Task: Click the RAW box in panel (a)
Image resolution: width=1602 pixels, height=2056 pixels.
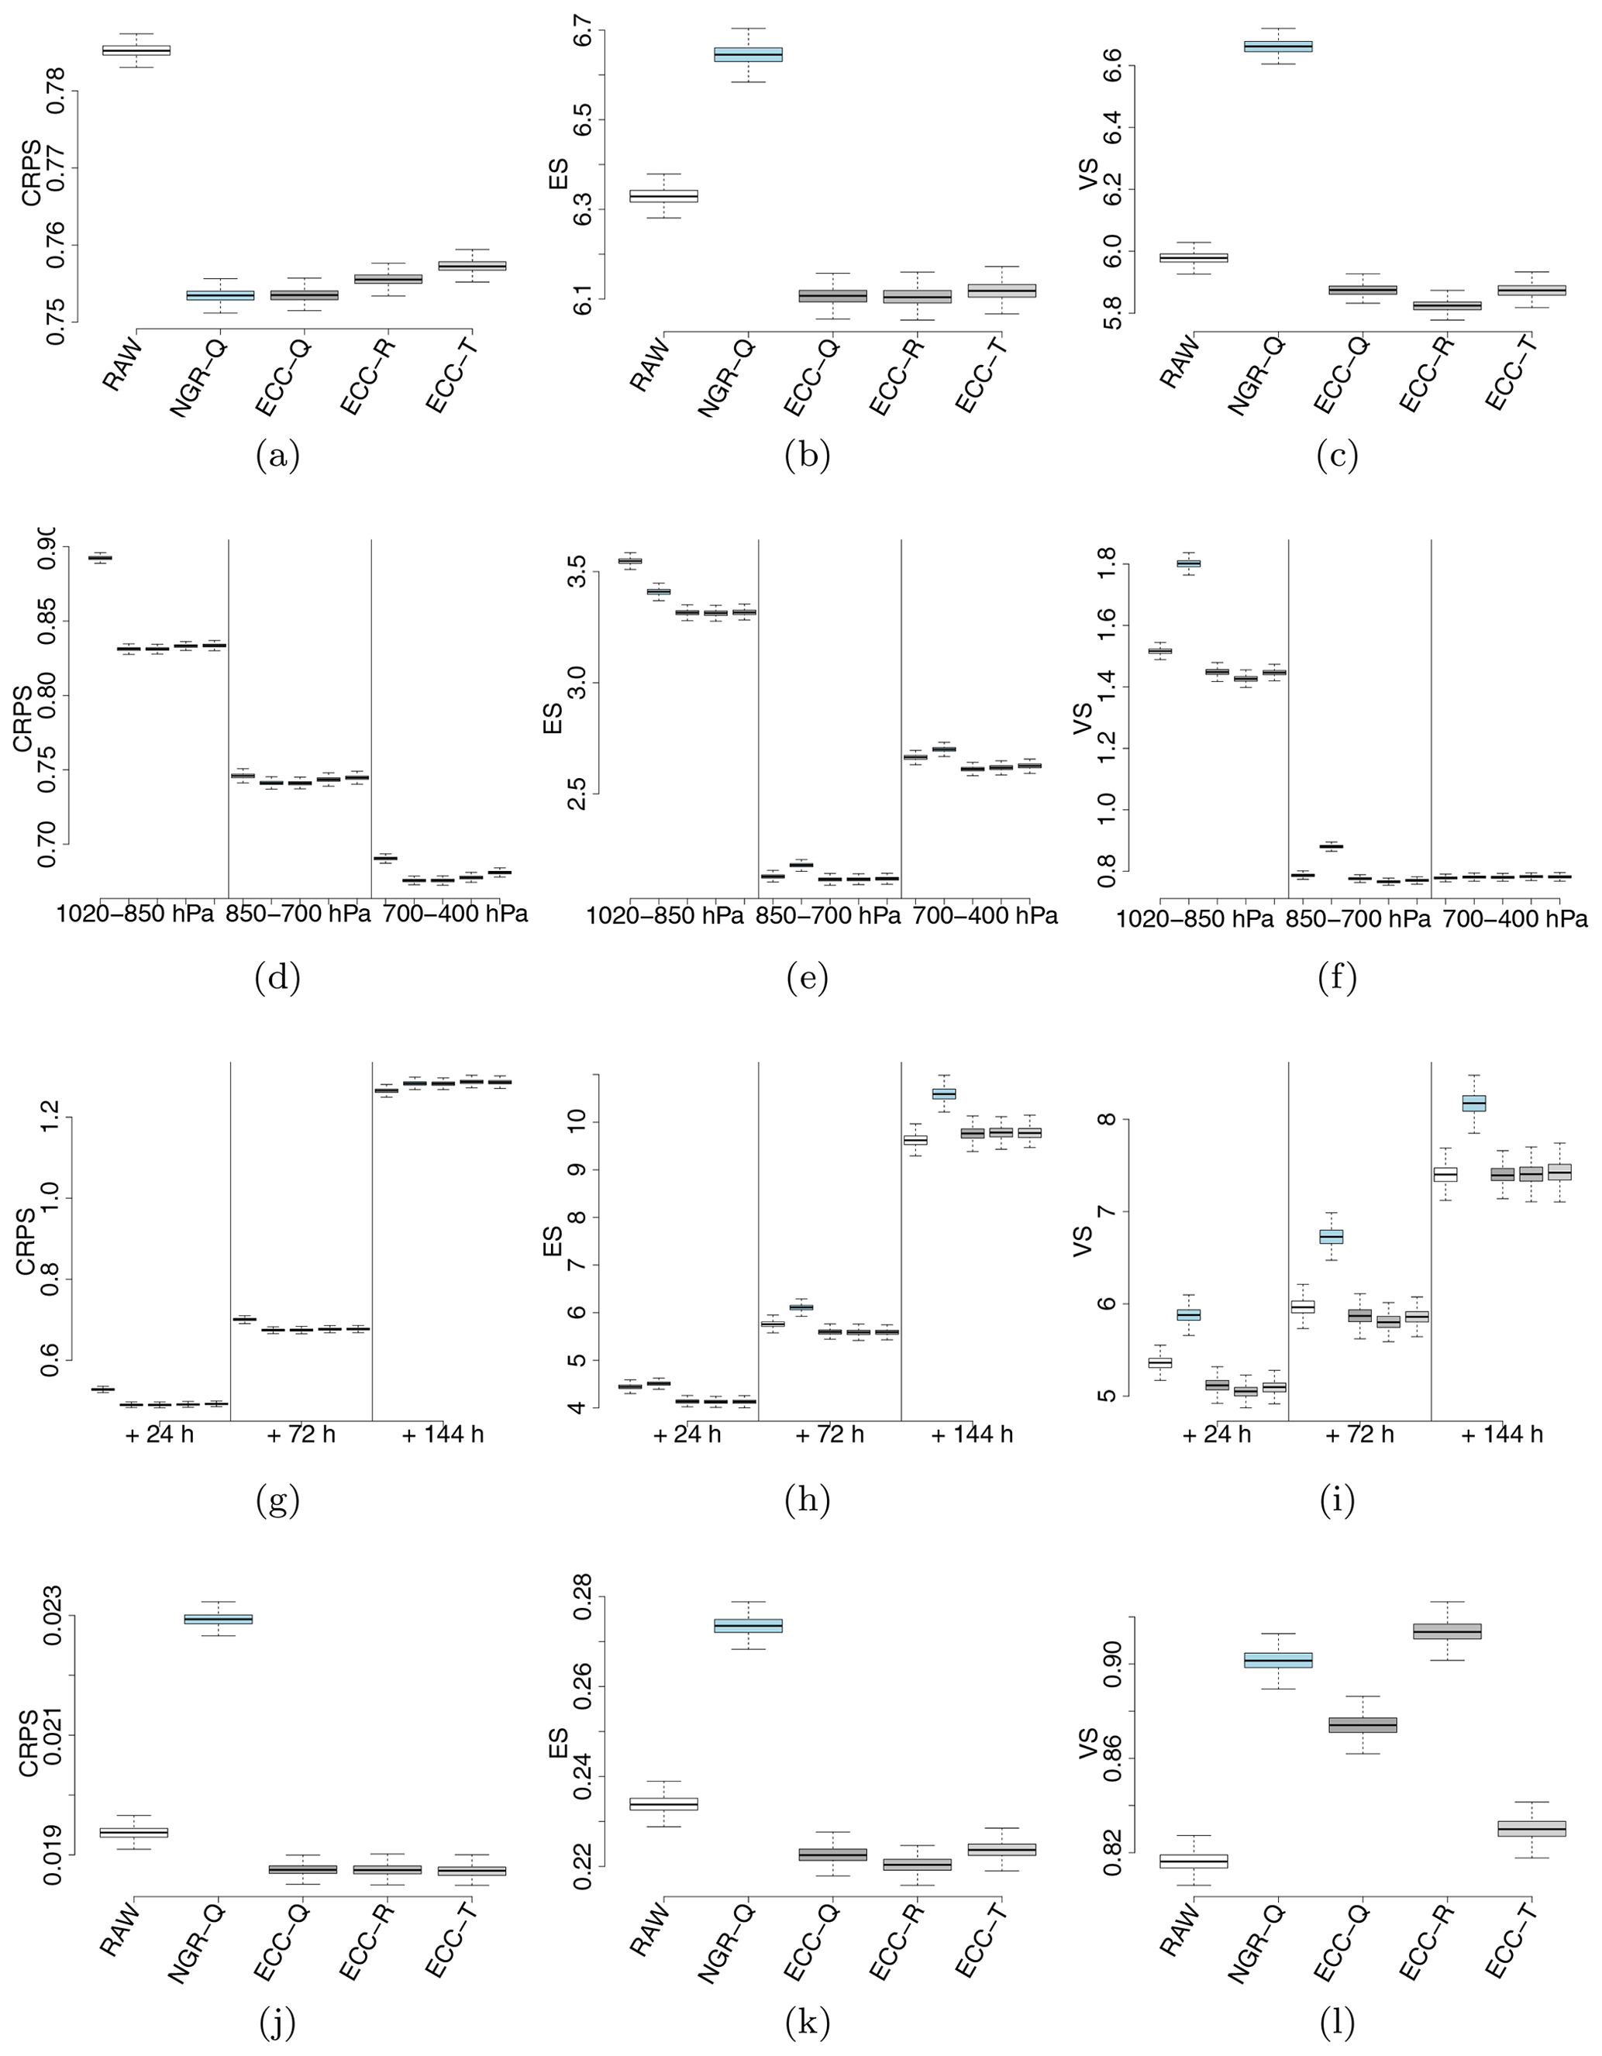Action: click(136, 50)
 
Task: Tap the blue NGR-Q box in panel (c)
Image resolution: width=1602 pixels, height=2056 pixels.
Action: click(1278, 46)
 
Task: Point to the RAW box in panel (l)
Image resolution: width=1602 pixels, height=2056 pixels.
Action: click(1194, 1861)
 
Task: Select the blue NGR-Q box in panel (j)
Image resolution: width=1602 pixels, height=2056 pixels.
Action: click(219, 1619)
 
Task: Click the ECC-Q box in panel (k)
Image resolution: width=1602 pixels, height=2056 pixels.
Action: click(833, 1855)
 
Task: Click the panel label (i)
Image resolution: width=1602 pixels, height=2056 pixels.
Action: click(1338, 1502)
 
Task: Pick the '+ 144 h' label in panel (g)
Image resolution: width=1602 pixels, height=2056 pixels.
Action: click(443, 1434)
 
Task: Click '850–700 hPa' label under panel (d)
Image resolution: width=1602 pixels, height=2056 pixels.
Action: click(299, 914)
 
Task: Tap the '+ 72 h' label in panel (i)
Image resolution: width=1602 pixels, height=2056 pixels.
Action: click(1359, 1434)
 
